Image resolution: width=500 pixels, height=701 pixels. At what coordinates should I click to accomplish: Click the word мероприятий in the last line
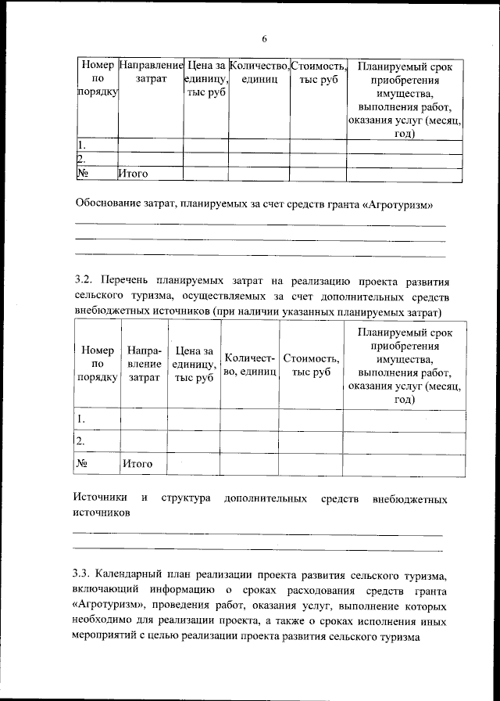click(x=112, y=638)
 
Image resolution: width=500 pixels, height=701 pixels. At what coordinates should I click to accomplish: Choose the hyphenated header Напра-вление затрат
click(x=144, y=365)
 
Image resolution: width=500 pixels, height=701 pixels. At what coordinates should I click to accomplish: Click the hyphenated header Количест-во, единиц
click(x=249, y=365)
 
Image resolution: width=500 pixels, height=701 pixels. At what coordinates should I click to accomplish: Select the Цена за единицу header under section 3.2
click(x=194, y=365)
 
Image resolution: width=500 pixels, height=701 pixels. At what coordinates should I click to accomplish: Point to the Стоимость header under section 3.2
click(x=311, y=365)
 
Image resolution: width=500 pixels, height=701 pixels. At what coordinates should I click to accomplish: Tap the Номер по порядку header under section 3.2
click(x=97, y=365)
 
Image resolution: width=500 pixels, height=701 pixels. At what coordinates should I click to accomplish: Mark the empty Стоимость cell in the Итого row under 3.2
click(x=311, y=464)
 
